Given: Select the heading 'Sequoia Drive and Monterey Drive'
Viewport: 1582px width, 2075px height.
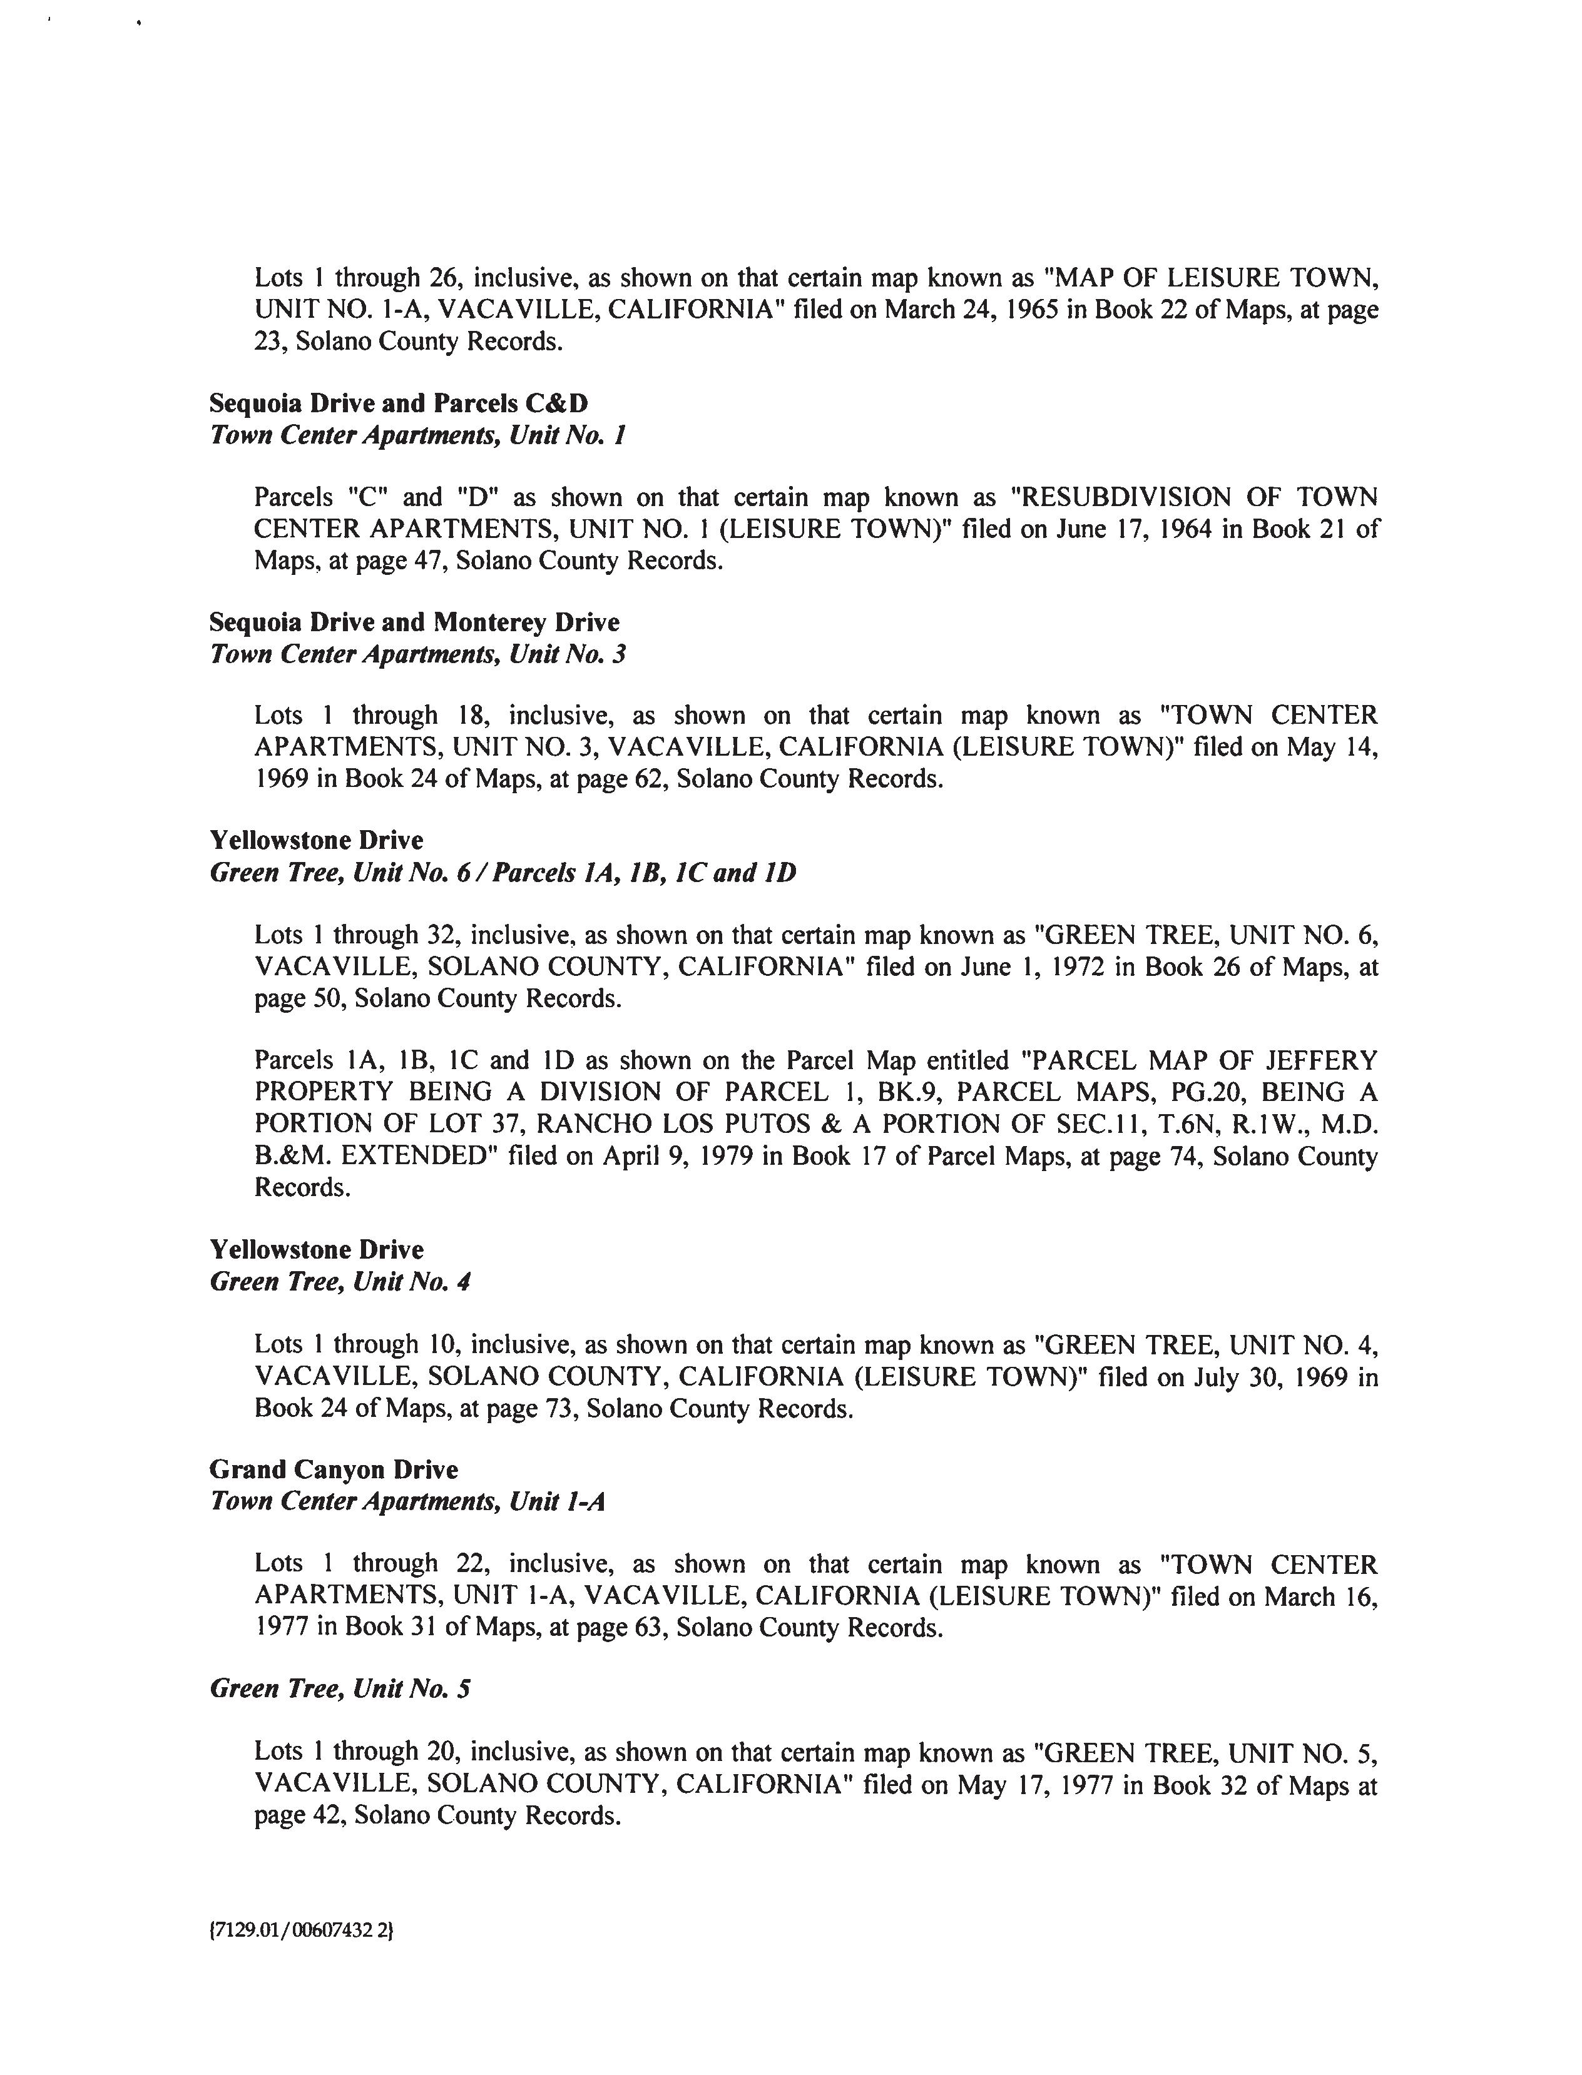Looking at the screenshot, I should click(x=414, y=622).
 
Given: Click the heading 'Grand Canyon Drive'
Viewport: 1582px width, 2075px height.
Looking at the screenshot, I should click(x=334, y=1469).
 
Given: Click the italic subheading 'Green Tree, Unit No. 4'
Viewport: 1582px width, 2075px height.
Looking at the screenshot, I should click(x=340, y=1281).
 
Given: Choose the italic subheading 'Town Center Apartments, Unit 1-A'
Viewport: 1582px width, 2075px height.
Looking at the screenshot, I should click(x=407, y=1501).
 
